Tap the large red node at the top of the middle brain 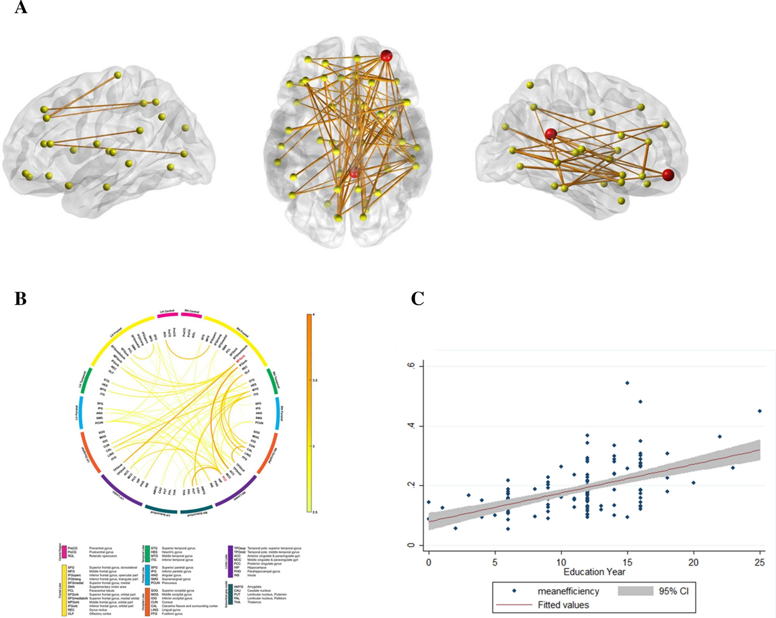point(386,56)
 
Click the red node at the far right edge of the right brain point(668,175)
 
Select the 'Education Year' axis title point(594,572)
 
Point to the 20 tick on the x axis point(694,562)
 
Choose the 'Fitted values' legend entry point(563,605)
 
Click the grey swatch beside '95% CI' point(635,591)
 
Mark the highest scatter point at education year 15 point(627,383)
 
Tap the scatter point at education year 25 point(760,411)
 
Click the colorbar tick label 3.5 point(314,381)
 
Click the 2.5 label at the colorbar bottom point(315,512)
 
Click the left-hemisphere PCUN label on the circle point(99,423)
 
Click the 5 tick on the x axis point(495,562)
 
